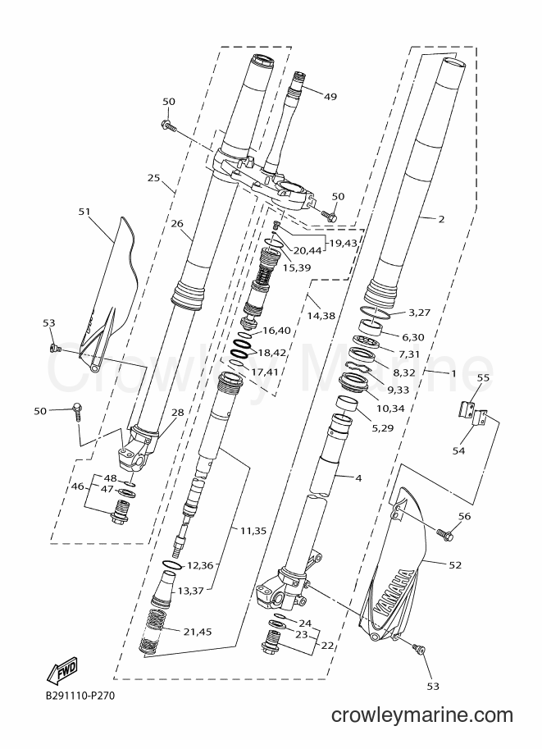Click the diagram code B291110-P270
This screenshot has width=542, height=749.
point(80,696)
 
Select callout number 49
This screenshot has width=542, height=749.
point(330,97)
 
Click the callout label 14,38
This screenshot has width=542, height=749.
point(321,315)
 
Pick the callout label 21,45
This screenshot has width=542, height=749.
point(198,632)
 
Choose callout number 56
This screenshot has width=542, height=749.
point(464,516)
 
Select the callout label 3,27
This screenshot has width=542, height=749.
point(420,313)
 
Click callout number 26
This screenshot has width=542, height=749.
point(177,224)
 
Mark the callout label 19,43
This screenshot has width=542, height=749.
point(343,243)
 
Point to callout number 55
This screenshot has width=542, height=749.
point(483,377)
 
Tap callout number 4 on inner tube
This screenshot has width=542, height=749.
point(359,477)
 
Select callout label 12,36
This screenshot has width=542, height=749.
point(200,565)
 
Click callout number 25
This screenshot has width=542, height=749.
point(153,178)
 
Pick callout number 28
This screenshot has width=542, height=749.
point(178,412)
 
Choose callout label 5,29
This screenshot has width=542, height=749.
point(383,428)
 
